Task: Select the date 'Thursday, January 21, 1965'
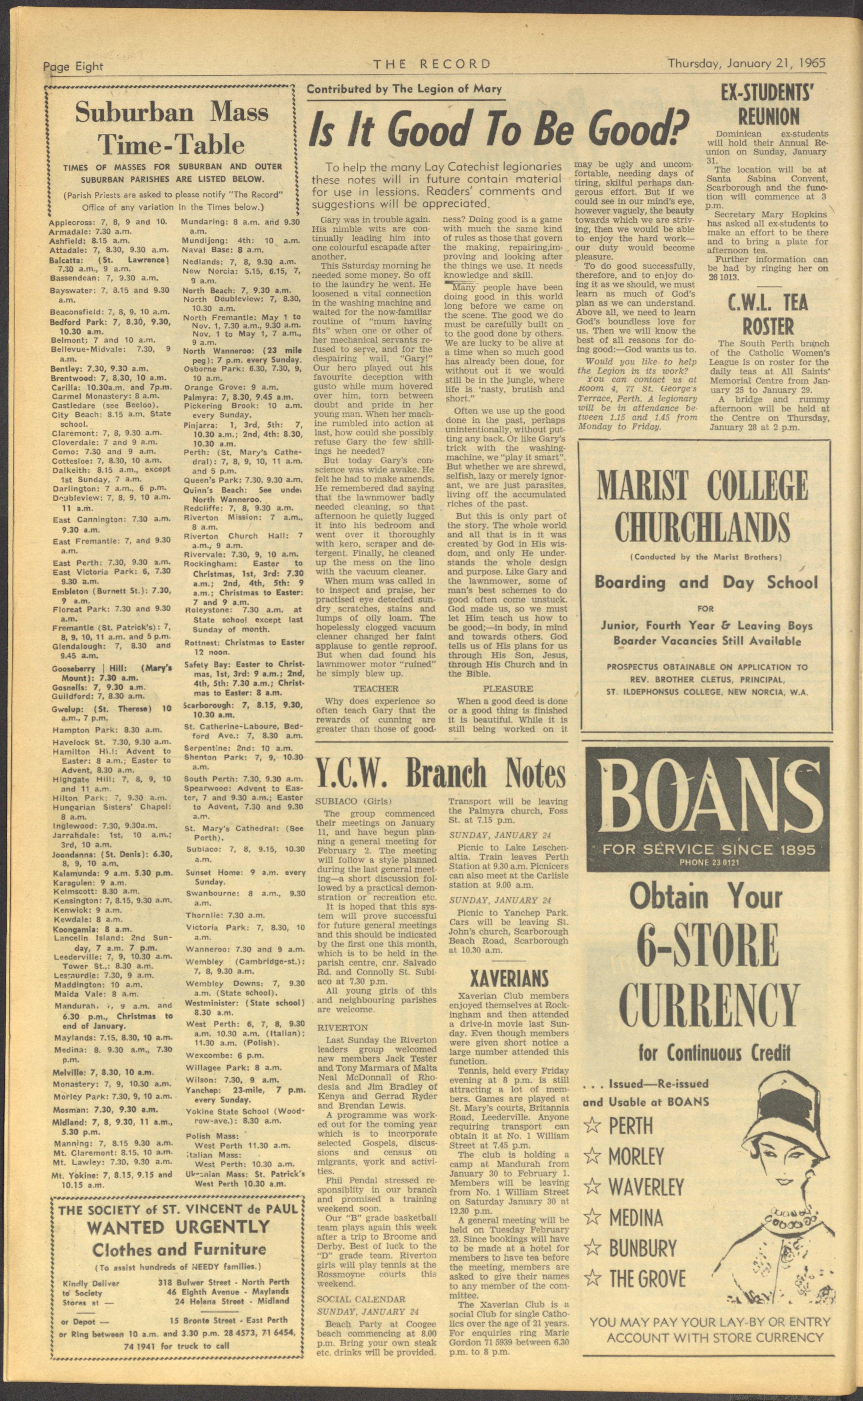click(747, 63)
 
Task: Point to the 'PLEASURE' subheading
click(508, 689)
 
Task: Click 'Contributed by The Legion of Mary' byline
click(404, 89)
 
